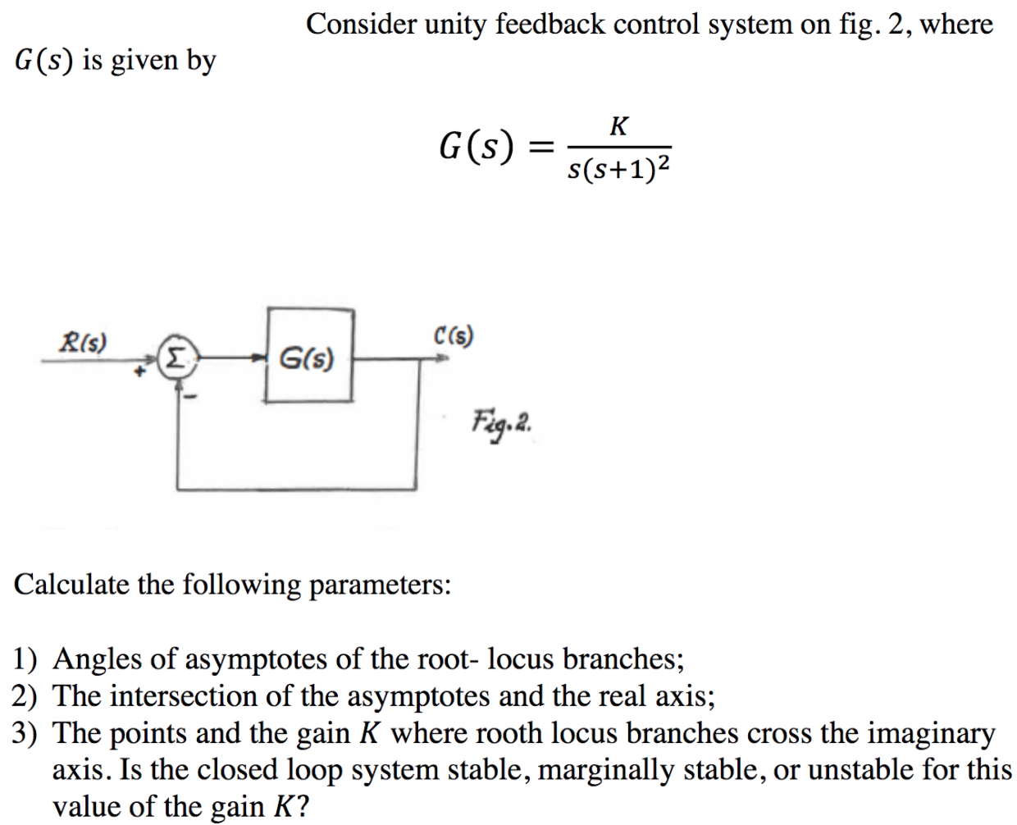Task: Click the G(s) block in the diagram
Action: point(308,356)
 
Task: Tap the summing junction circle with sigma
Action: point(176,358)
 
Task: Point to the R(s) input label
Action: point(86,340)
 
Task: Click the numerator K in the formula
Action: point(619,125)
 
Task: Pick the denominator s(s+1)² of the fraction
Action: point(619,167)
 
